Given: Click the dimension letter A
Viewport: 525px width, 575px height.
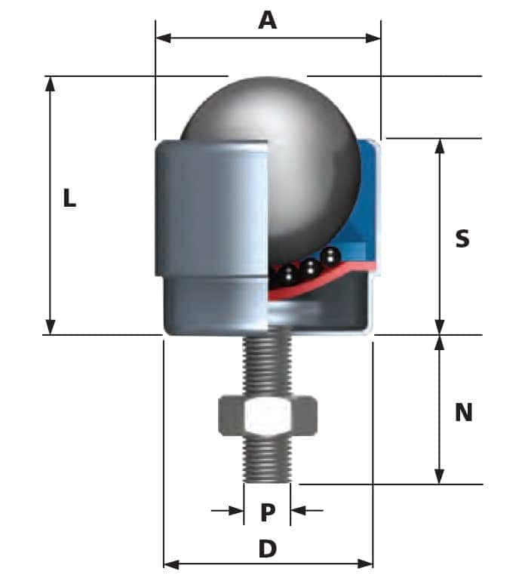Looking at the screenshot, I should click(x=267, y=20).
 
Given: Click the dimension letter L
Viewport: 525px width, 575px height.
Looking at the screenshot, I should click(x=69, y=198).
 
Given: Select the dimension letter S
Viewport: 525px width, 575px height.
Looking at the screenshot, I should click(x=462, y=238).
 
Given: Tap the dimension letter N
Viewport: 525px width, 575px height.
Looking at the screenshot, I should click(x=463, y=412).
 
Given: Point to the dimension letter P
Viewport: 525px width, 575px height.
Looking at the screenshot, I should click(x=268, y=512).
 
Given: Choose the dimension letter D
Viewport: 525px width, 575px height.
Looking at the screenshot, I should click(x=268, y=549).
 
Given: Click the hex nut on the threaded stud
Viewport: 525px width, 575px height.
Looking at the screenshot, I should click(x=267, y=414).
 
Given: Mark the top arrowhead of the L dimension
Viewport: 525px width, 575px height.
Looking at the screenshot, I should click(x=51, y=82).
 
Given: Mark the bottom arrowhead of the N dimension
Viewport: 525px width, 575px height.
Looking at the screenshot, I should click(x=440, y=477).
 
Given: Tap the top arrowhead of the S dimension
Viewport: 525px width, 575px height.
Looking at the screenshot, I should click(x=440, y=145).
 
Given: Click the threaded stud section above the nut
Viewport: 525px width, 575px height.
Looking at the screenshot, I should click(x=267, y=366).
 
